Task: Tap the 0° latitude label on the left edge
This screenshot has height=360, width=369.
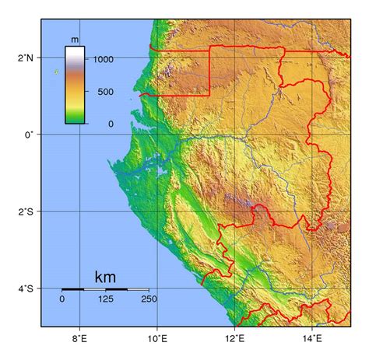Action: click(x=30, y=135)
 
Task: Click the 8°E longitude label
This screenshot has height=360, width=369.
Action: click(x=79, y=338)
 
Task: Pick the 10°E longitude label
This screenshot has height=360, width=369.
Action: click(x=157, y=338)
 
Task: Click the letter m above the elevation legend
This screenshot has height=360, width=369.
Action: click(x=75, y=39)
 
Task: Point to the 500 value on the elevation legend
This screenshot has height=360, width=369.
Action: click(x=105, y=92)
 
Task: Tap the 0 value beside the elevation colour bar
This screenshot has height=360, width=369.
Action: click(x=111, y=124)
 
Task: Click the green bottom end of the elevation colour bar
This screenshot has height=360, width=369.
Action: click(x=75, y=118)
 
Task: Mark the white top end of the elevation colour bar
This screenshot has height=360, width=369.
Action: click(x=75, y=51)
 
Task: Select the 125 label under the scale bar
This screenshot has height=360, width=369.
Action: click(x=105, y=299)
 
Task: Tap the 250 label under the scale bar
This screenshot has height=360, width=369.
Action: click(x=149, y=299)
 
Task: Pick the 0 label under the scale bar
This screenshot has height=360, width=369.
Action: click(x=62, y=299)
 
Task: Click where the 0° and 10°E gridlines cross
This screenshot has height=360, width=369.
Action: click(x=157, y=135)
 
